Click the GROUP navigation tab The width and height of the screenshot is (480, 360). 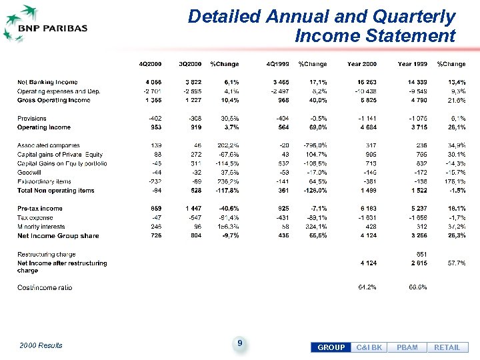pyautogui.click(x=331, y=347)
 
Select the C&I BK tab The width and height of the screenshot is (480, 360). pyautogui.click(x=369, y=347)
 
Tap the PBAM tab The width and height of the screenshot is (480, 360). pyautogui.click(x=407, y=347)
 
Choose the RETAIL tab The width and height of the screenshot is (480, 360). pyautogui.click(x=447, y=347)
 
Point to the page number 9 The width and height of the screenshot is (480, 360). pyautogui.click(x=239, y=343)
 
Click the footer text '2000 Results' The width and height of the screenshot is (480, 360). pyautogui.click(x=41, y=345)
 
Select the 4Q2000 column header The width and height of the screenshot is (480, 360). pyautogui.click(x=149, y=64)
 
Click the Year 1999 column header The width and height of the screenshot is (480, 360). pyautogui.click(x=413, y=64)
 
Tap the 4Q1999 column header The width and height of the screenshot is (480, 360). pyautogui.click(x=277, y=64)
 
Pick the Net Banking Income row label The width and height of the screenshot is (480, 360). pyautogui.click(x=47, y=82)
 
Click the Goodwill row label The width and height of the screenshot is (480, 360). pyautogui.click(x=31, y=173)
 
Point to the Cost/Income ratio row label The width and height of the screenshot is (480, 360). pyautogui.click(x=45, y=287)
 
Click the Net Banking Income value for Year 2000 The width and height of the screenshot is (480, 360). pyautogui.click(x=366, y=82)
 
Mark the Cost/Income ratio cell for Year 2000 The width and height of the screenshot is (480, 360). pyautogui.click(x=367, y=287)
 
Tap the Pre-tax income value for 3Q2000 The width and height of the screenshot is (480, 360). pyautogui.click(x=190, y=209)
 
